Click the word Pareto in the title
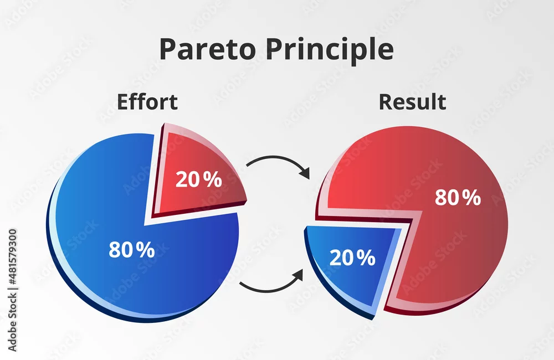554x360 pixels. (x=207, y=49)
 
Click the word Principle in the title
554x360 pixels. (x=330, y=50)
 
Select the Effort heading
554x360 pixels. (x=147, y=102)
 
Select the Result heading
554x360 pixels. (x=412, y=102)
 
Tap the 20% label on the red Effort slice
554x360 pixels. (x=198, y=179)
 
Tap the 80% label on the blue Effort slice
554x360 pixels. (x=132, y=249)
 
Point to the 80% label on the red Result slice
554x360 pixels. (x=458, y=197)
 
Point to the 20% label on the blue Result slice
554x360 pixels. (x=352, y=258)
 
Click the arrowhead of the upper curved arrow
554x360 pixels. (x=305, y=172)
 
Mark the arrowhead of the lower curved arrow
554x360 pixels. (x=298, y=275)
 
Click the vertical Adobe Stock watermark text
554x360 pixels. (x=12, y=290)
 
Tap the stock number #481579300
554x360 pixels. (x=12, y=257)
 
